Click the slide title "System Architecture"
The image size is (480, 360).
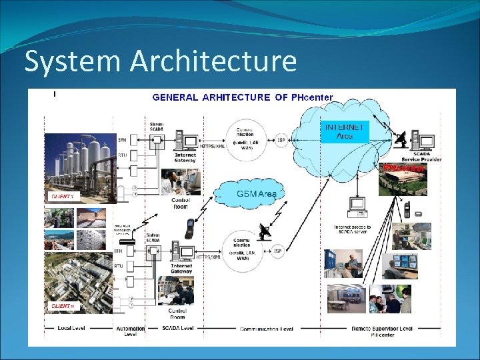click(x=160, y=61)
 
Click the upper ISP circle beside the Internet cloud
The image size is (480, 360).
click(x=281, y=140)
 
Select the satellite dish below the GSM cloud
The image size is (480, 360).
click(x=265, y=231)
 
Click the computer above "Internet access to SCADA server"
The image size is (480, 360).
click(x=358, y=207)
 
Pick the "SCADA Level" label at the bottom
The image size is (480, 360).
click(x=178, y=329)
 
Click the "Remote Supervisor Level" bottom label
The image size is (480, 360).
click(x=382, y=329)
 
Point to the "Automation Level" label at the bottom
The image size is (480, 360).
click(x=130, y=331)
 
